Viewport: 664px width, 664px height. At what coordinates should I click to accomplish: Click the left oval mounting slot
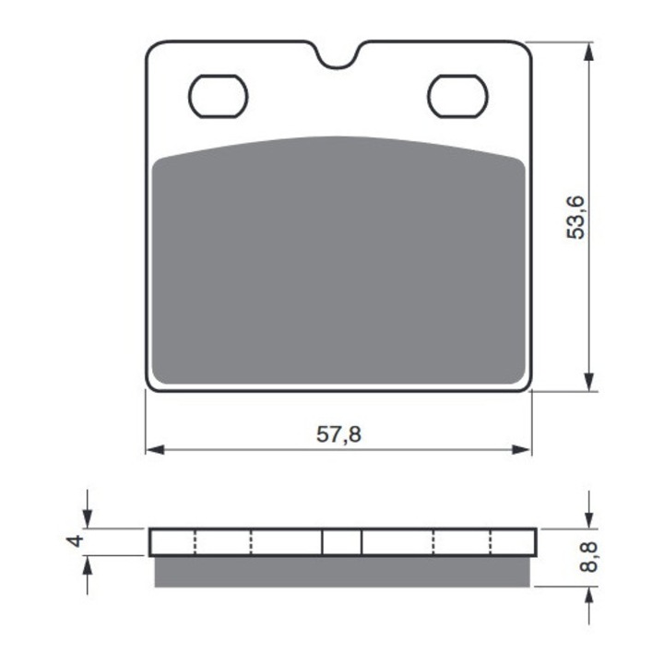(x=219, y=96)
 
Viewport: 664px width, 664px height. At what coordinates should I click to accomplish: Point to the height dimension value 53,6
(x=576, y=218)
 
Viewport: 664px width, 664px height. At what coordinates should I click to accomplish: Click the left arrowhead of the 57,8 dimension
(x=154, y=450)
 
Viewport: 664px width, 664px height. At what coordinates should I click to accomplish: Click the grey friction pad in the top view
(x=338, y=267)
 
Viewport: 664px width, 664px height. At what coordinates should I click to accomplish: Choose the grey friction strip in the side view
(x=341, y=572)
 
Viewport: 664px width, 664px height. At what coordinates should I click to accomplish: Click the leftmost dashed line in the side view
(x=196, y=542)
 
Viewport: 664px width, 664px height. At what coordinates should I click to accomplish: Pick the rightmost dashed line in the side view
(x=490, y=542)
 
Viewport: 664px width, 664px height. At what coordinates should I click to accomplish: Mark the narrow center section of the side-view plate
(x=341, y=542)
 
